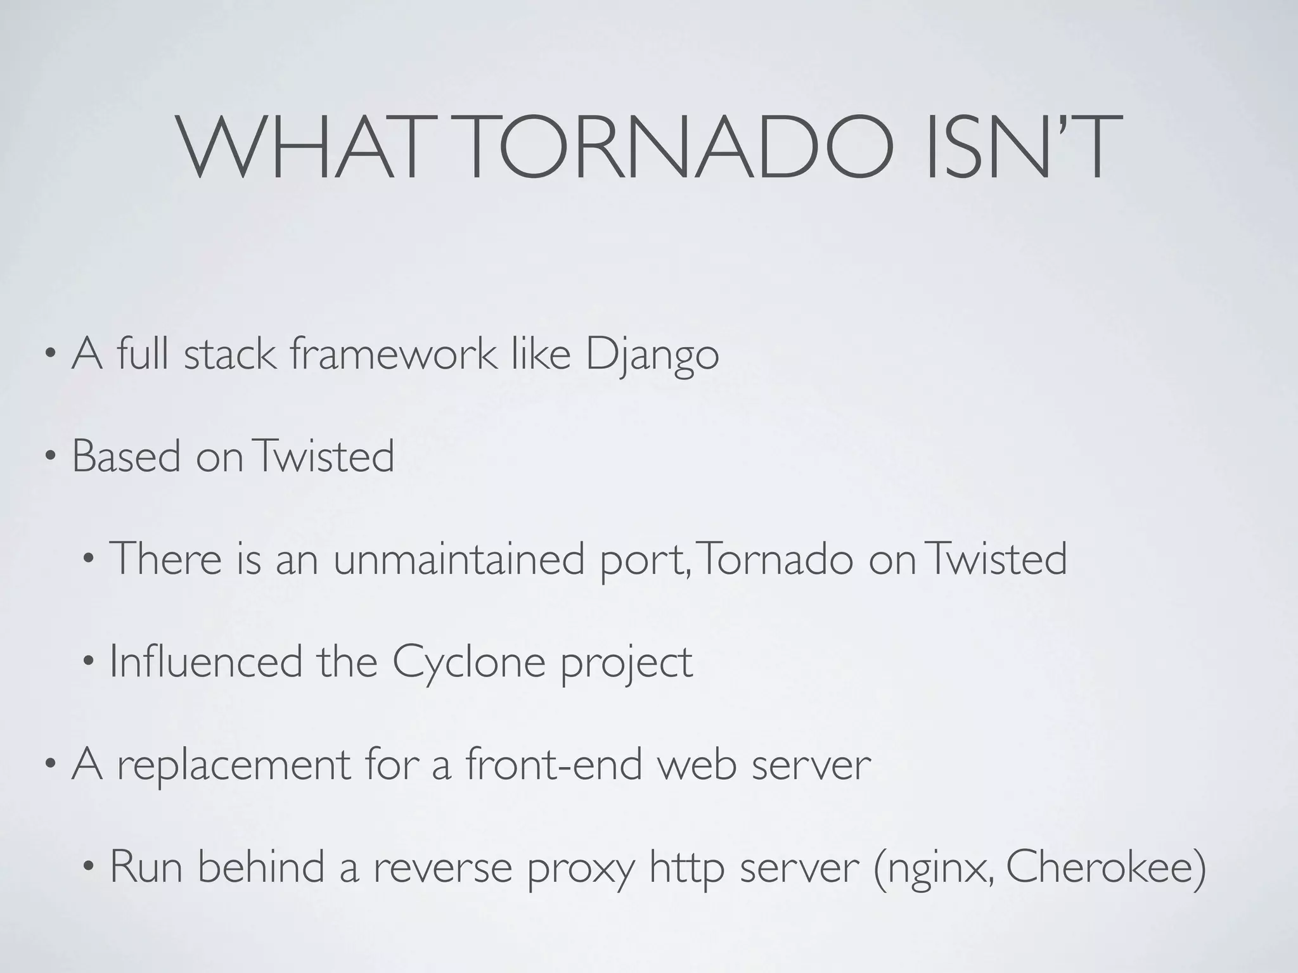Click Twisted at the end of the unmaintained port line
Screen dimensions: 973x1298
[x=996, y=559]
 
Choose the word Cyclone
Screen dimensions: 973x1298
[x=468, y=663]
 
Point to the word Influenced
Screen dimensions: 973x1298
[x=206, y=661]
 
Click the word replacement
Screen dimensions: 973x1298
[x=233, y=765]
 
